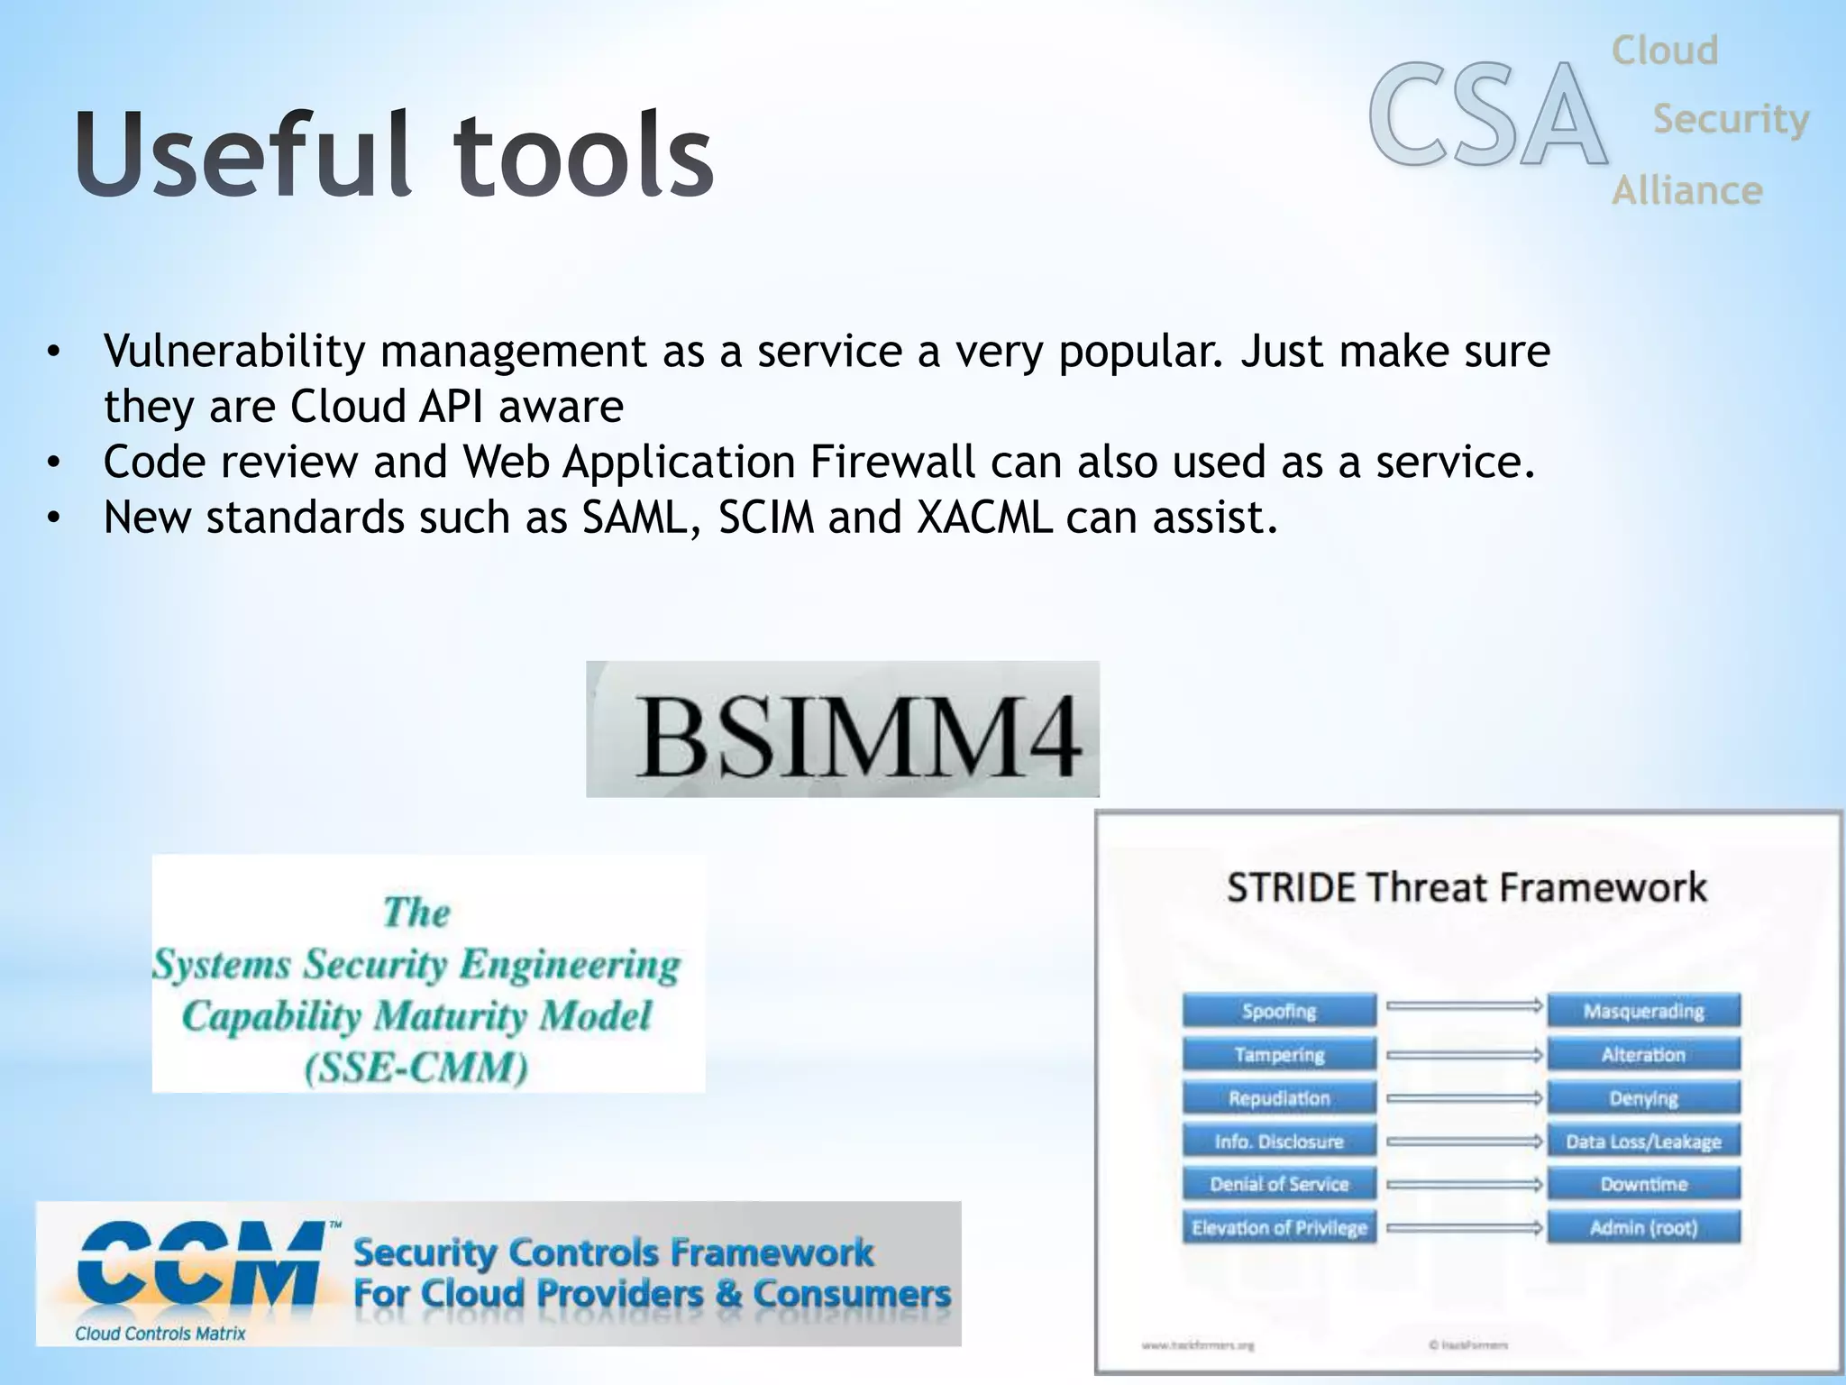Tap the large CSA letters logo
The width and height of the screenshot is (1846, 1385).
tap(1487, 115)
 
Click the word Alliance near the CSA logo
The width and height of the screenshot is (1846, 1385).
tap(1686, 191)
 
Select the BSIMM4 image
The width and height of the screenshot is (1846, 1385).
tap(843, 729)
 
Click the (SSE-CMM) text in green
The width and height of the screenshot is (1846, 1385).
tap(416, 1069)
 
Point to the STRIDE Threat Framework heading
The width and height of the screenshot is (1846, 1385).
tap(1467, 887)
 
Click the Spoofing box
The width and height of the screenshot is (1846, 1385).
tap(1279, 1011)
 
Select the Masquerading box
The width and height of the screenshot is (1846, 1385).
tap(1643, 1011)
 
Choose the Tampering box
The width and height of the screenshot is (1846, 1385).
tap(1279, 1054)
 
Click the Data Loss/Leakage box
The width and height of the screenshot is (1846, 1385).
tap(1643, 1142)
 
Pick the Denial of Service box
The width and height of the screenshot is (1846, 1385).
tap(1279, 1184)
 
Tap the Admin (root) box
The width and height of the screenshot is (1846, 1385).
tap(1643, 1227)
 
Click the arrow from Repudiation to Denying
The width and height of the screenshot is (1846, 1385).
tap(1464, 1098)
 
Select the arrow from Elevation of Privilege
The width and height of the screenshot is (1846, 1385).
tap(1464, 1227)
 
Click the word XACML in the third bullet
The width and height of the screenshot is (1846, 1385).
tap(983, 518)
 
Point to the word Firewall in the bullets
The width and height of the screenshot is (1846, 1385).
tap(891, 462)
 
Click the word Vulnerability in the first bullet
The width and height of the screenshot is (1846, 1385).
tap(234, 352)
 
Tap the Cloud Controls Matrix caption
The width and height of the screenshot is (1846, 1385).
tap(160, 1333)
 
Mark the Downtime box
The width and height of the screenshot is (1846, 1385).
tap(1643, 1184)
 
